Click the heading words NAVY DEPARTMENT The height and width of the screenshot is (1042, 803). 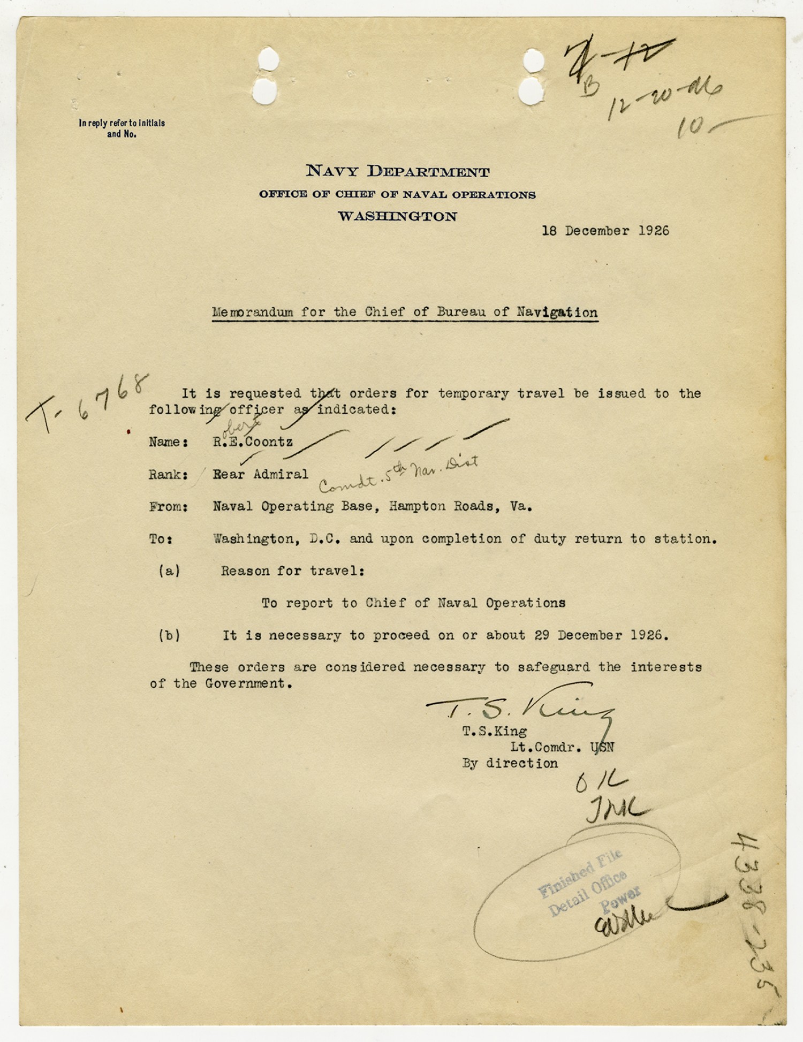click(x=397, y=171)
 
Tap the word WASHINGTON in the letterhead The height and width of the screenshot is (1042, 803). click(x=397, y=216)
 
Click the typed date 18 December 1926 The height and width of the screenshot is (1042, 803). click(x=605, y=231)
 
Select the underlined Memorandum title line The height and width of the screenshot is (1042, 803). click(x=405, y=313)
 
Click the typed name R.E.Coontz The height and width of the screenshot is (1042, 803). click(x=253, y=442)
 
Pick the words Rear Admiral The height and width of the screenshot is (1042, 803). click(x=260, y=474)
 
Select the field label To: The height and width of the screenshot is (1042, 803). click(x=161, y=539)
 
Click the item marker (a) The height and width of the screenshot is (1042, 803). click(x=169, y=571)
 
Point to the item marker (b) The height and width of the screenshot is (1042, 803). click(x=169, y=635)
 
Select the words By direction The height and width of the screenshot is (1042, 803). click(x=510, y=764)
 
